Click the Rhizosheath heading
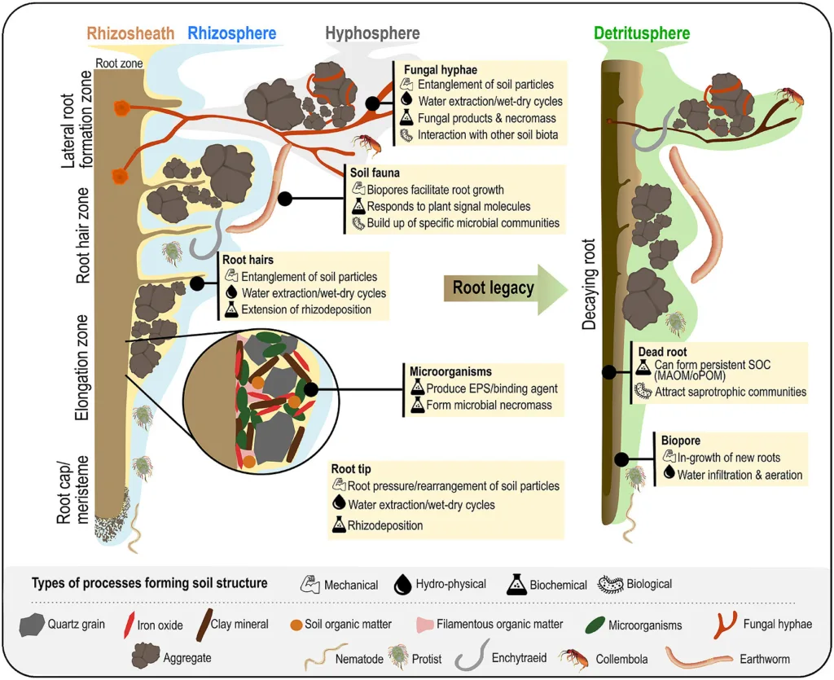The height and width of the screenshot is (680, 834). point(130,33)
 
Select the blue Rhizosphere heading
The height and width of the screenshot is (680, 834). point(231,33)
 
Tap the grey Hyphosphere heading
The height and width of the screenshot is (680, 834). point(372,33)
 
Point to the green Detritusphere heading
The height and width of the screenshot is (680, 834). point(643,33)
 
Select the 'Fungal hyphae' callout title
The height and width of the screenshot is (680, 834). point(441,71)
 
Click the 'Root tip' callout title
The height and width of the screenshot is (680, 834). point(353,470)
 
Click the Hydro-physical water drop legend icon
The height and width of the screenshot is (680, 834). point(402,584)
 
